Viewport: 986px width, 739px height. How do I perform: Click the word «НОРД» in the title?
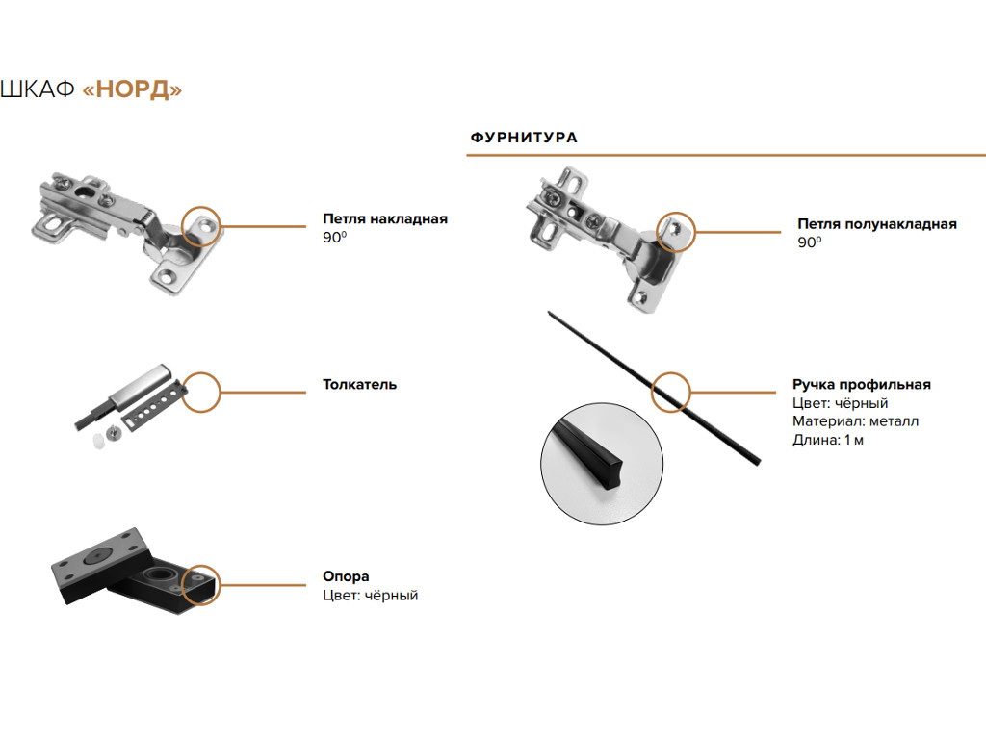[x=133, y=89]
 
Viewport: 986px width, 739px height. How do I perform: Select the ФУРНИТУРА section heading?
[x=524, y=138]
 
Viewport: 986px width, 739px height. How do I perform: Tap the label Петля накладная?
[x=384, y=219]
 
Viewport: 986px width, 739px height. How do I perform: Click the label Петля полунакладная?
[x=876, y=224]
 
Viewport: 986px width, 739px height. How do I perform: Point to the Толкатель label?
[x=359, y=385]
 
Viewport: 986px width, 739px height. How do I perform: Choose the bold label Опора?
[x=346, y=577]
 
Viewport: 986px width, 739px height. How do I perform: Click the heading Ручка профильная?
[x=861, y=385]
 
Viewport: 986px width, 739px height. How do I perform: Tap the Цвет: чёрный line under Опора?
[x=370, y=596]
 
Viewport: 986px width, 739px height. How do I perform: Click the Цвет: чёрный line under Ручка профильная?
[x=840, y=403]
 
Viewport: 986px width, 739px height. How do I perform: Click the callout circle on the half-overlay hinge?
[x=676, y=231]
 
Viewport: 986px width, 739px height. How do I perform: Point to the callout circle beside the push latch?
[x=202, y=392]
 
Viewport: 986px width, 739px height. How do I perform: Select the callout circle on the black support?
[x=201, y=584]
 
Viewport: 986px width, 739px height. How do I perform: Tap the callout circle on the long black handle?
[x=671, y=392]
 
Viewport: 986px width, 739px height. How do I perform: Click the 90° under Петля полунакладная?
[x=809, y=242]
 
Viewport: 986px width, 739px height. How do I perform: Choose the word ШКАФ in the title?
[x=39, y=89]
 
